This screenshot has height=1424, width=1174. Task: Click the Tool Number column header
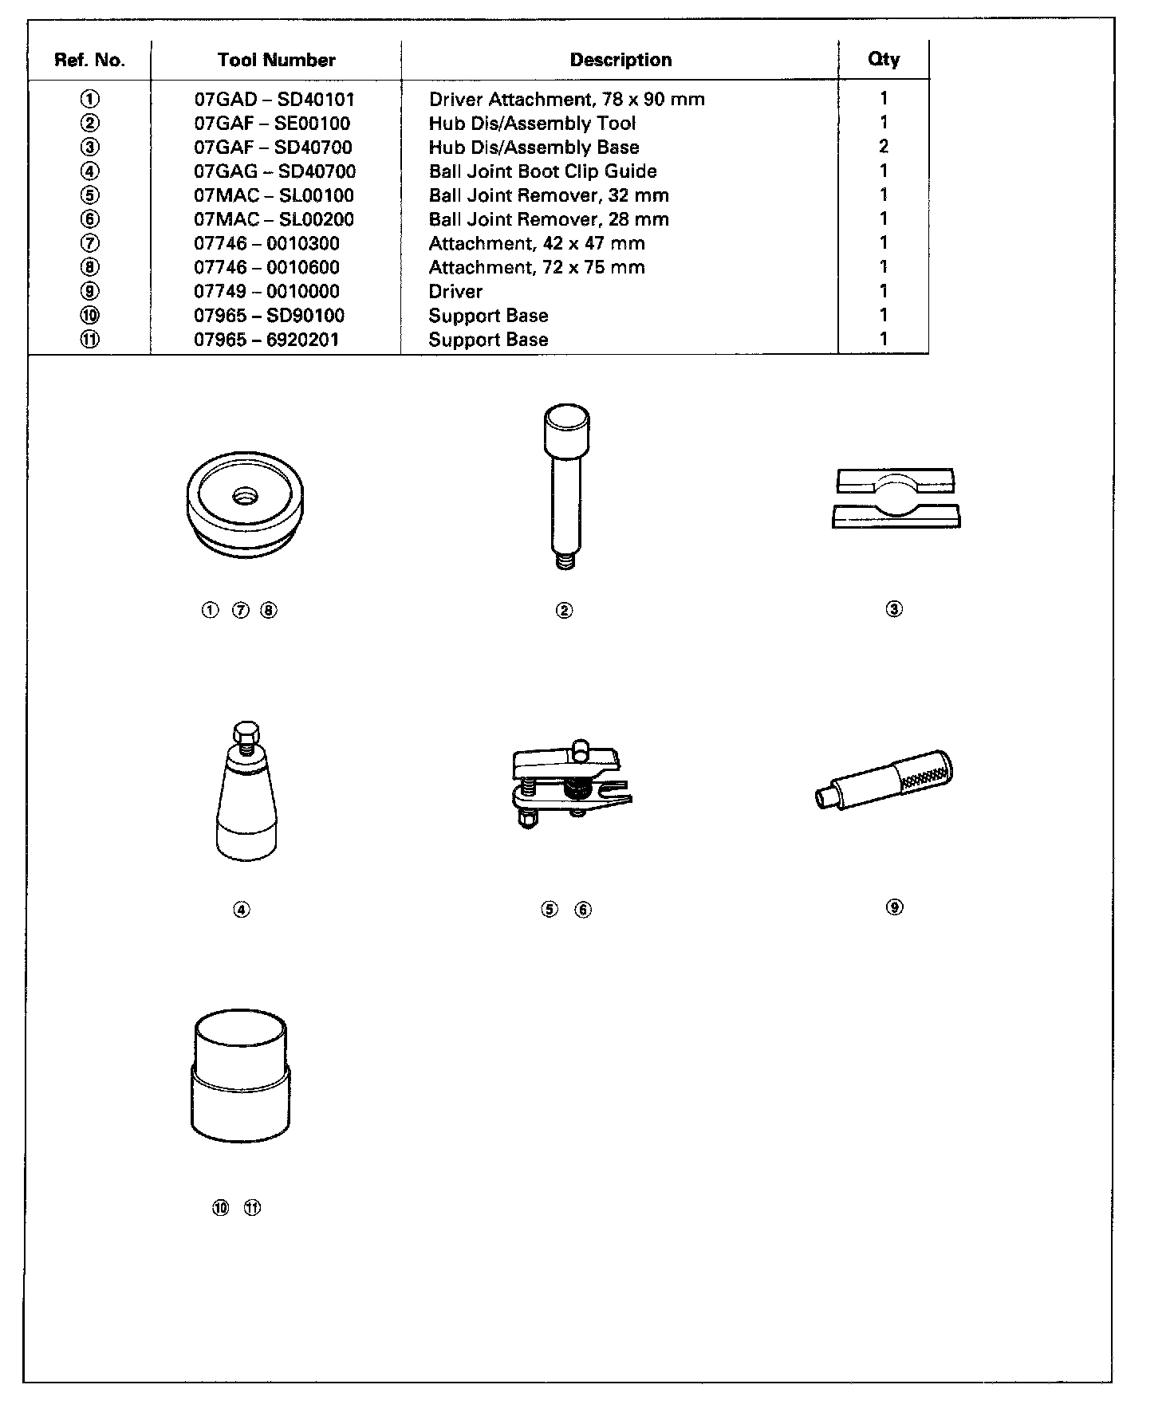[x=276, y=61]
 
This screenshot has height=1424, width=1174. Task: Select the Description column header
[x=620, y=61]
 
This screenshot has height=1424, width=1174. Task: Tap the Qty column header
[x=884, y=60]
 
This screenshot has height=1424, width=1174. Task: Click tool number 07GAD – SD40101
[x=274, y=100]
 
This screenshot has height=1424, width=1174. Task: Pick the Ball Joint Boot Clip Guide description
[x=542, y=171]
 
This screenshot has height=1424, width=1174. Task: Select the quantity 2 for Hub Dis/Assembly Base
[x=884, y=147]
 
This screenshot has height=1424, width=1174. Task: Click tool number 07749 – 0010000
[x=266, y=292]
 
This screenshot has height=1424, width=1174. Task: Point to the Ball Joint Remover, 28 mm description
[x=549, y=219]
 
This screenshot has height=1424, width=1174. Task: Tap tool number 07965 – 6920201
[x=266, y=340]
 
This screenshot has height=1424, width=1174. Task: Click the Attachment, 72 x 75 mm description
[x=537, y=268]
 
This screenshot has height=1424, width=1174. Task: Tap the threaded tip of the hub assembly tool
[x=565, y=561]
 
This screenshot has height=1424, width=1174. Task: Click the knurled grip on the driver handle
[x=924, y=772]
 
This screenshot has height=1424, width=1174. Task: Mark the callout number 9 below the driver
[x=895, y=907]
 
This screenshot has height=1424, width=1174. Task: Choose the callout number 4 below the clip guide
[x=242, y=909]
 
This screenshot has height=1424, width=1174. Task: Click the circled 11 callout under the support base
[x=252, y=1208]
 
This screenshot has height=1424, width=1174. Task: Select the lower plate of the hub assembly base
[x=896, y=517]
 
